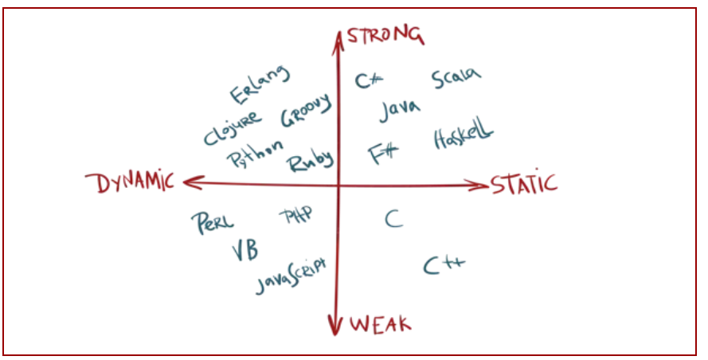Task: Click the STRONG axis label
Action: tap(385, 34)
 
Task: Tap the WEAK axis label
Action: tap(381, 324)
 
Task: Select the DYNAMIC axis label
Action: tap(135, 183)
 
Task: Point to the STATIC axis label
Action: tap(523, 184)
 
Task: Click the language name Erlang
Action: tap(260, 85)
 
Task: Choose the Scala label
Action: tap(456, 79)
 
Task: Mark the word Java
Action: tap(400, 110)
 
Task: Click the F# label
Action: tap(385, 153)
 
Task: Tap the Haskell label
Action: tap(464, 137)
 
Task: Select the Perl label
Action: tap(213, 222)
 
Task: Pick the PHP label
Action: tap(295, 214)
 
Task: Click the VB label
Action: tap(244, 252)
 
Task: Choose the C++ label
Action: tap(444, 265)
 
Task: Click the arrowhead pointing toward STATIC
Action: tap(479, 186)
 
